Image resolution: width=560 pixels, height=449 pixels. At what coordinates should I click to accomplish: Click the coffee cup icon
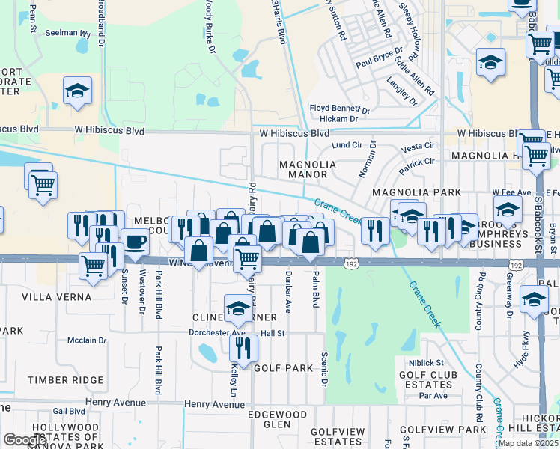pos(135,242)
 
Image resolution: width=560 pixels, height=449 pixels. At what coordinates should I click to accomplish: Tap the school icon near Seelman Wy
pos(77,91)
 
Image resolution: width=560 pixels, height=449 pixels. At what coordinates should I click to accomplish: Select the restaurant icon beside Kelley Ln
pos(243,347)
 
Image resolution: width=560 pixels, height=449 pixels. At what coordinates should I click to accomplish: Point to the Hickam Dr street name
pos(333,119)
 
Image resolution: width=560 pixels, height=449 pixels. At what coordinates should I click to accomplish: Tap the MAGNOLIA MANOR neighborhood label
pos(303,169)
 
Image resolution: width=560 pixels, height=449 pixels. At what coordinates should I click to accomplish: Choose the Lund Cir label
pos(347,144)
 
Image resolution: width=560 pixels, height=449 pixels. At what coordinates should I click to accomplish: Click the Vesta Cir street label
pos(419,145)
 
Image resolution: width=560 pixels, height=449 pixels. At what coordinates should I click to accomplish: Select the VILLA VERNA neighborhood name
pos(56,297)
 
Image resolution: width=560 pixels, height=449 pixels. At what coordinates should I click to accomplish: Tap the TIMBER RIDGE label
pos(66,380)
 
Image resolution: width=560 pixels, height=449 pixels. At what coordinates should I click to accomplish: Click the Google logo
pos(25,440)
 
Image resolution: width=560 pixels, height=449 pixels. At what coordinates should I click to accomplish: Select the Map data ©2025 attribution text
pos(529,443)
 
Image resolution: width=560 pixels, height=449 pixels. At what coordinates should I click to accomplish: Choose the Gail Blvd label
pos(69,411)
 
